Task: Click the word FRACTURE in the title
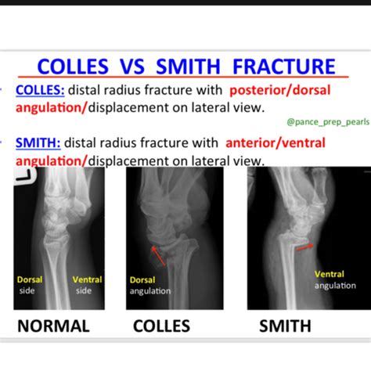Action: click(x=284, y=67)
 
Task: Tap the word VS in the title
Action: click(x=132, y=67)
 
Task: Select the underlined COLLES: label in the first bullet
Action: click(x=40, y=90)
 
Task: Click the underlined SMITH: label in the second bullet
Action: click(x=38, y=143)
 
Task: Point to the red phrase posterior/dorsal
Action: click(x=280, y=91)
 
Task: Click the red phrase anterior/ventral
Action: click(x=276, y=143)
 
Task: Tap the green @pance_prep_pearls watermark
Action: click(x=328, y=122)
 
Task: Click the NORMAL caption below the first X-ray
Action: click(x=53, y=326)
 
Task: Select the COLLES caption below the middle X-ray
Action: click(x=161, y=326)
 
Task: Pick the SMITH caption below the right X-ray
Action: click(x=285, y=326)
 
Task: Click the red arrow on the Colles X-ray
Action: click(x=158, y=256)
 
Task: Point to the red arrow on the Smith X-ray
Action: click(x=305, y=247)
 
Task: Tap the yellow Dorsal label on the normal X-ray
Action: click(x=30, y=279)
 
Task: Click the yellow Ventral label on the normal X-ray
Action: click(x=87, y=279)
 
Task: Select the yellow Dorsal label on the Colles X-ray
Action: click(x=142, y=280)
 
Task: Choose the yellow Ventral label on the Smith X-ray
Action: click(x=330, y=274)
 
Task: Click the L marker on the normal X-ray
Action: click(x=25, y=175)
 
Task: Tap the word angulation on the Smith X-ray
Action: click(x=335, y=286)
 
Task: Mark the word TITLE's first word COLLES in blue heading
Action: click(x=73, y=67)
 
